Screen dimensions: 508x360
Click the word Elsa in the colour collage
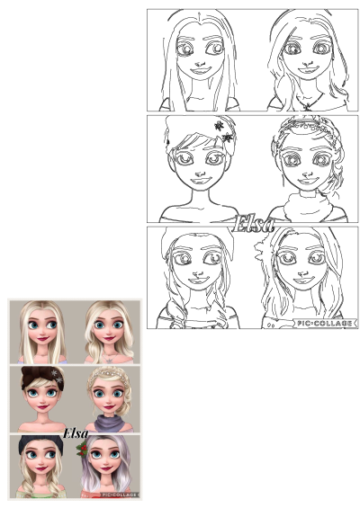pos(75,434)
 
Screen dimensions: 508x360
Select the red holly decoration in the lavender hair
pos(84,447)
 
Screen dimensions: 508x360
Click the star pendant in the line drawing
pos(308,106)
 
